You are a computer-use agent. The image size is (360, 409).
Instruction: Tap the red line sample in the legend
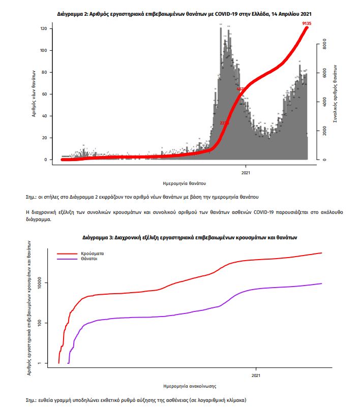(x=66, y=253)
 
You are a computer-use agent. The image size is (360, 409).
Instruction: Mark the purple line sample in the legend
(x=66, y=259)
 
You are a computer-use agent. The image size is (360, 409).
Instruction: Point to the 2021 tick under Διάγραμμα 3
(x=256, y=376)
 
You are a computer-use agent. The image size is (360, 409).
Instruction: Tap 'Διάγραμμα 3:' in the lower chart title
(x=98, y=237)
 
